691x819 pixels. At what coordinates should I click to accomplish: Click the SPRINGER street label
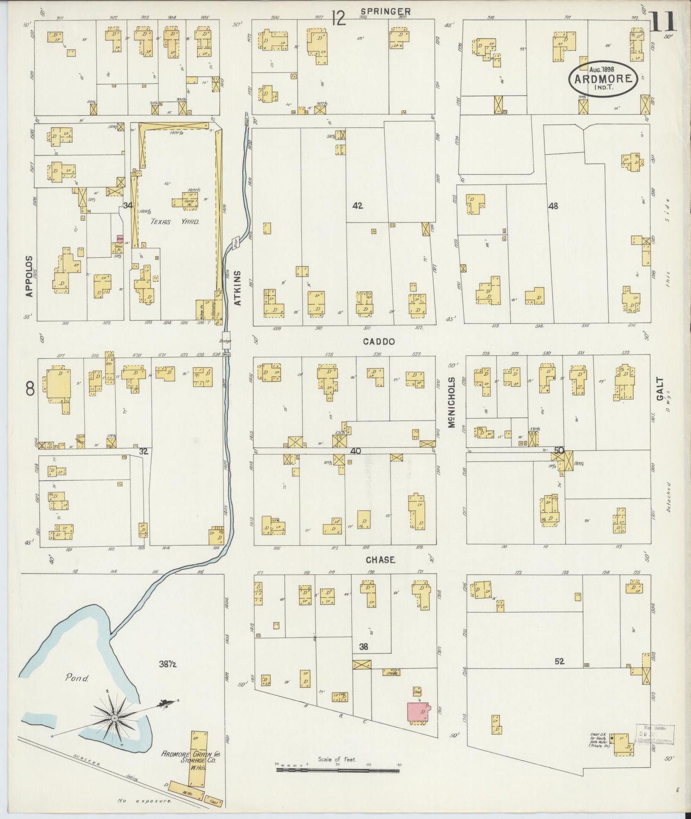[x=386, y=11]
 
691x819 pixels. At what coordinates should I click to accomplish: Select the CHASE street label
[x=380, y=560]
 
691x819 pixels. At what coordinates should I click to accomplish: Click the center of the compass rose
[x=115, y=718]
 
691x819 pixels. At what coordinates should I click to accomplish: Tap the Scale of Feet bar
[x=338, y=771]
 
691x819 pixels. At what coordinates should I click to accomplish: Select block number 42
[x=357, y=206]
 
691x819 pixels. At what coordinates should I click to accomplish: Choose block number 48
[x=553, y=206]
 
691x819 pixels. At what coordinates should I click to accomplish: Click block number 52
[x=559, y=661]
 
